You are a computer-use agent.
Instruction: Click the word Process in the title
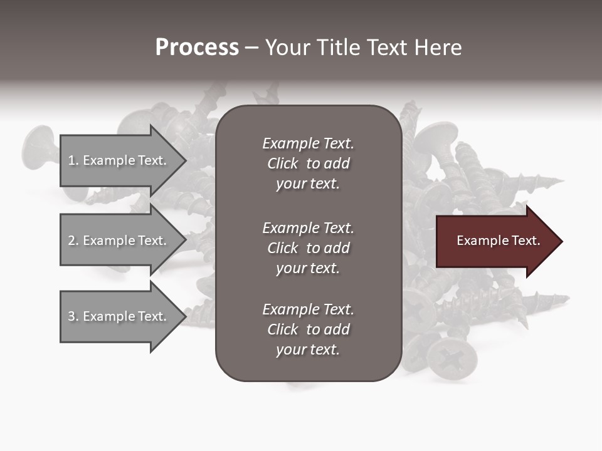pyautogui.click(x=197, y=48)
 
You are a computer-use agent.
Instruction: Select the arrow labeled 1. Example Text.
pyautogui.click(x=119, y=160)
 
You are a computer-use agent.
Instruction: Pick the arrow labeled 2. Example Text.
pyautogui.click(x=119, y=241)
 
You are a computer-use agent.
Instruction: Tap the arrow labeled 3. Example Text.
pyautogui.click(x=119, y=316)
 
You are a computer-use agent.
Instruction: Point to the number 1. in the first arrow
pyautogui.click(x=73, y=160)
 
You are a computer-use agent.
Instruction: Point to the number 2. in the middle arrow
pyautogui.click(x=73, y=241)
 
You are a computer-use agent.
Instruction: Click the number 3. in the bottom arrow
pyautogui.click(x=73, y=316)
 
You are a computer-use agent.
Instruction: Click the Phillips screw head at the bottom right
pyautogui.click(x=451, y=358)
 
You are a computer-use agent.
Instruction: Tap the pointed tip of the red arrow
pyautogui.click(x=560, y=241)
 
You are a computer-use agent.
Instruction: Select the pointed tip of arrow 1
pyautogui.click(x=184, y=161)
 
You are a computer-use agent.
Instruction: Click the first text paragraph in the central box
pyautogui.click(x=308, y=163)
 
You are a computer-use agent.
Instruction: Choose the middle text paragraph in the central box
pyautogui.click(x=308, y=247)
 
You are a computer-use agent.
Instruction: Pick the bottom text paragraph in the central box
pyautogui.click(x=308, y=329)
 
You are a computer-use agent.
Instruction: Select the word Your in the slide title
pyautogui.click(x=286, y=48)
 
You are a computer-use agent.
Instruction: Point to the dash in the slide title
pyautogui.click(x=251, y=48)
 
